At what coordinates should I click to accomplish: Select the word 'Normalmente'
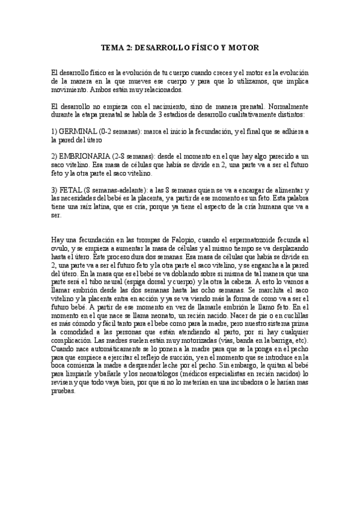click(x=284, y=105)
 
